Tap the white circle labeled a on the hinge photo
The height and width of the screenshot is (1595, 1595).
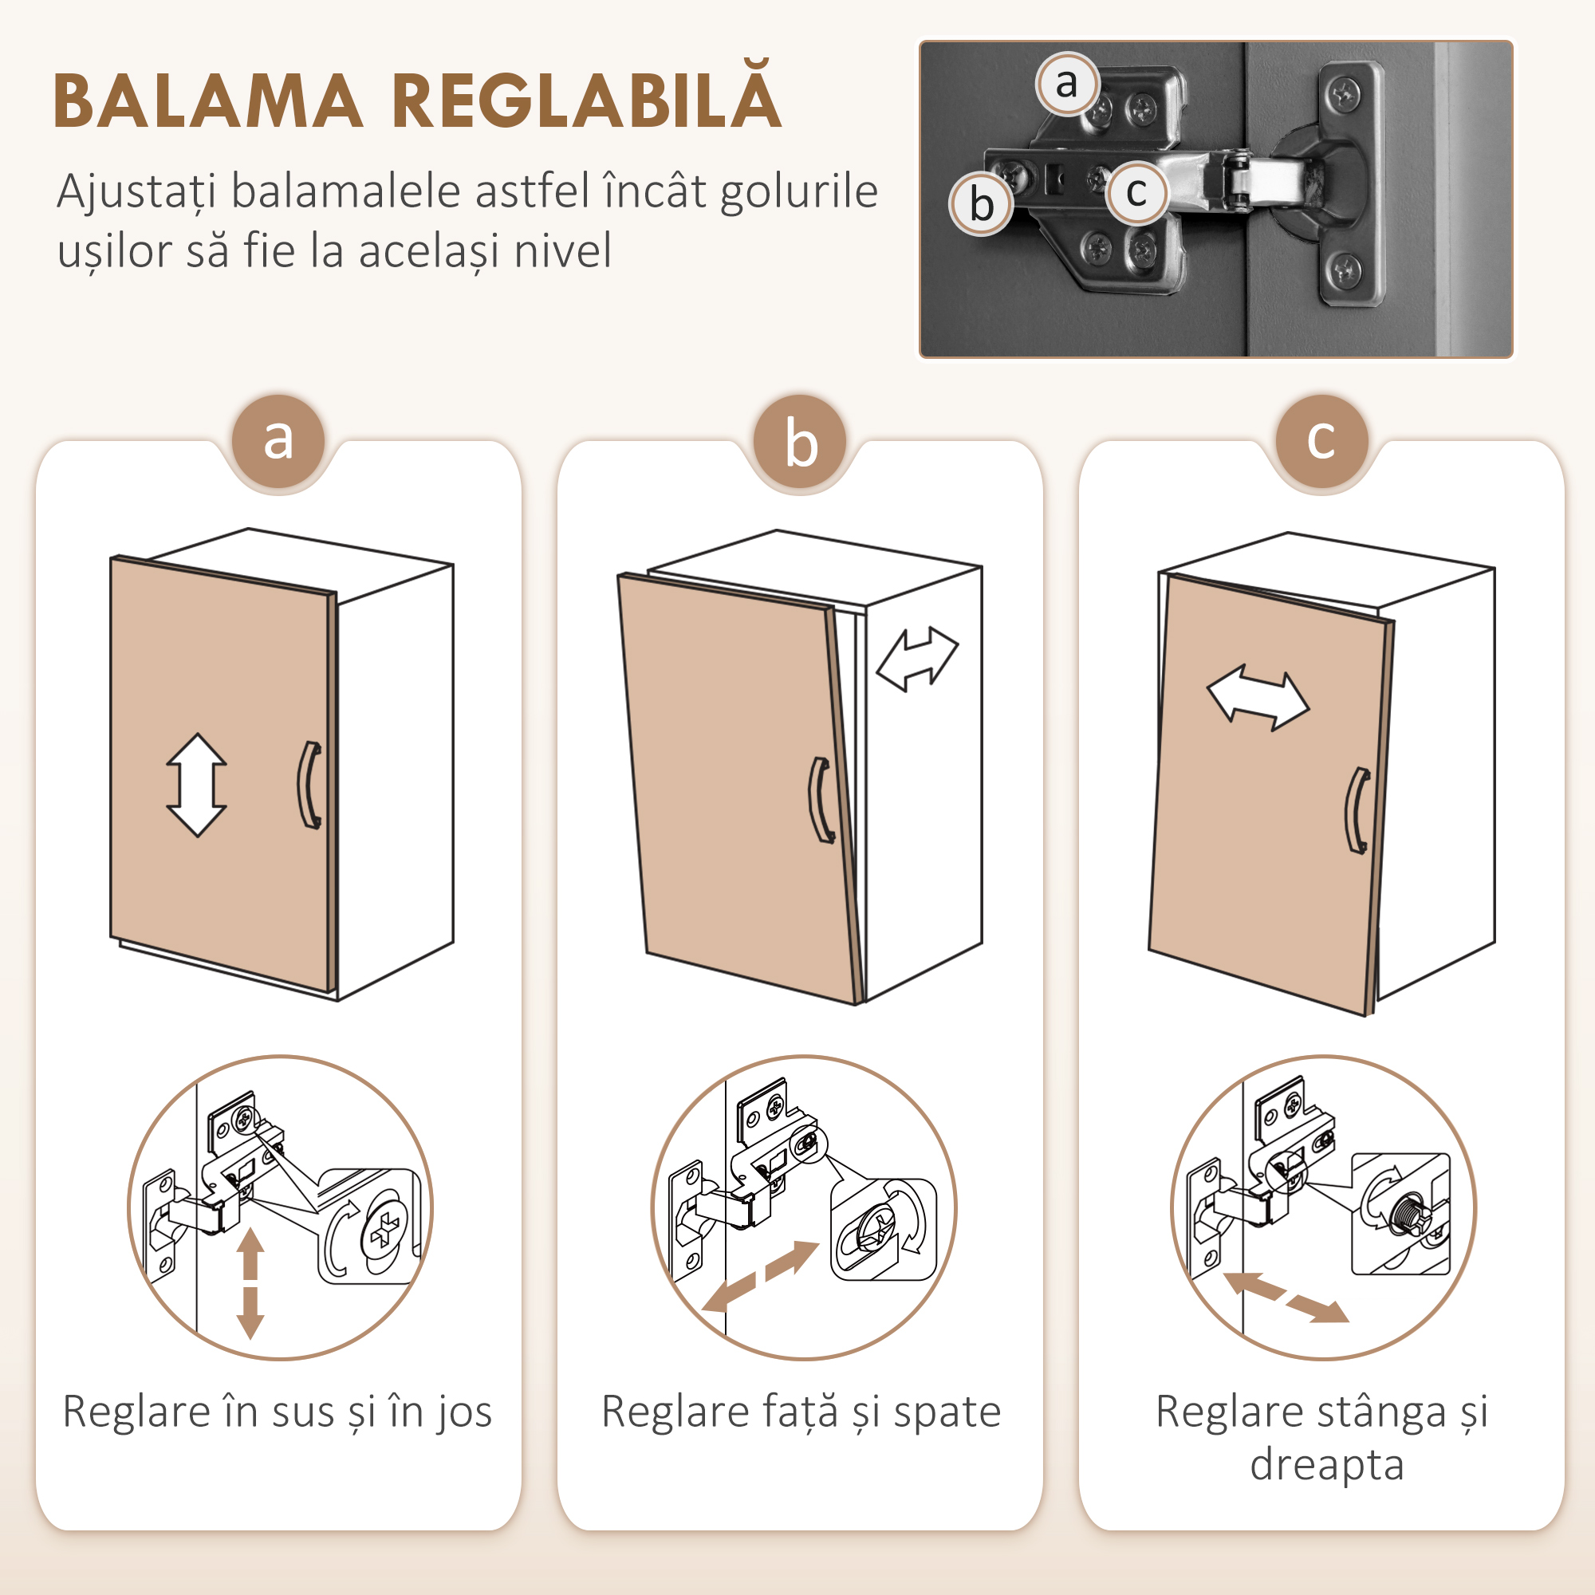(x=1066, y=84)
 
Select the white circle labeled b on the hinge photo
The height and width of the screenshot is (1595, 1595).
(x=981, y=204)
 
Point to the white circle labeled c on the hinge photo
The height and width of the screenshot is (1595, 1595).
(x=1136, y=193)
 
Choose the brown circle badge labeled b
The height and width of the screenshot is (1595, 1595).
(x=800, y=443)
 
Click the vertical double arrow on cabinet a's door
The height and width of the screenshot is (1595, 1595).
(x=196, y=785)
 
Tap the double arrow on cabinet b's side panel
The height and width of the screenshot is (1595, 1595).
(x=917, y=658)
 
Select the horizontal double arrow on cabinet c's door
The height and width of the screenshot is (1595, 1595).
(x=1258, y=699)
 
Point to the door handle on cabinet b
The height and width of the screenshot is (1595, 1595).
(x=820, y=800)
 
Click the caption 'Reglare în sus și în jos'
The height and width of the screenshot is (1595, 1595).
(x=278, y=1412)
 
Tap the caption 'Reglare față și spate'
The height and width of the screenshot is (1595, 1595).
(x=801, y=1412)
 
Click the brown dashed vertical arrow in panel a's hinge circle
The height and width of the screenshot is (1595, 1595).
(x=250, y=1284)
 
